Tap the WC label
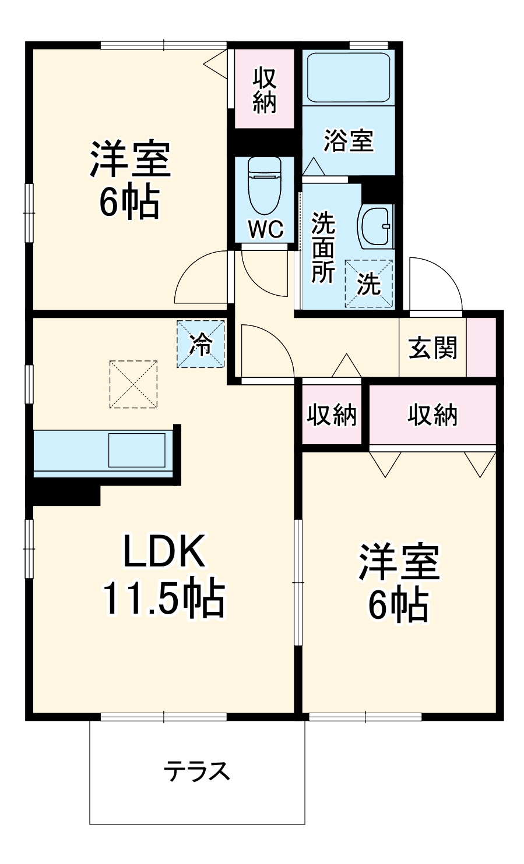click(266, 229)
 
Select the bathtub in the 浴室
click(348, 78)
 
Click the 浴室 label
click(349, 140)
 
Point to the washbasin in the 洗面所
click(377, 226)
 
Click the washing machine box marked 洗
click(368, 284)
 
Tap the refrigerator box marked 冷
click(201, 345)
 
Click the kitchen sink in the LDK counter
click(136, 450)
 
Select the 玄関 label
click(432, 348)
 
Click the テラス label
click(197, 771)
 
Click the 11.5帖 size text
click(164, 599)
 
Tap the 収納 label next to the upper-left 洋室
click(264, 90)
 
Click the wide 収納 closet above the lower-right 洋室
click(432, 415)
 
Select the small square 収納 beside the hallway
click(332, 415)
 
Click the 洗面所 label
click(322, 248)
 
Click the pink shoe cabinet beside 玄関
click(481, 348)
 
